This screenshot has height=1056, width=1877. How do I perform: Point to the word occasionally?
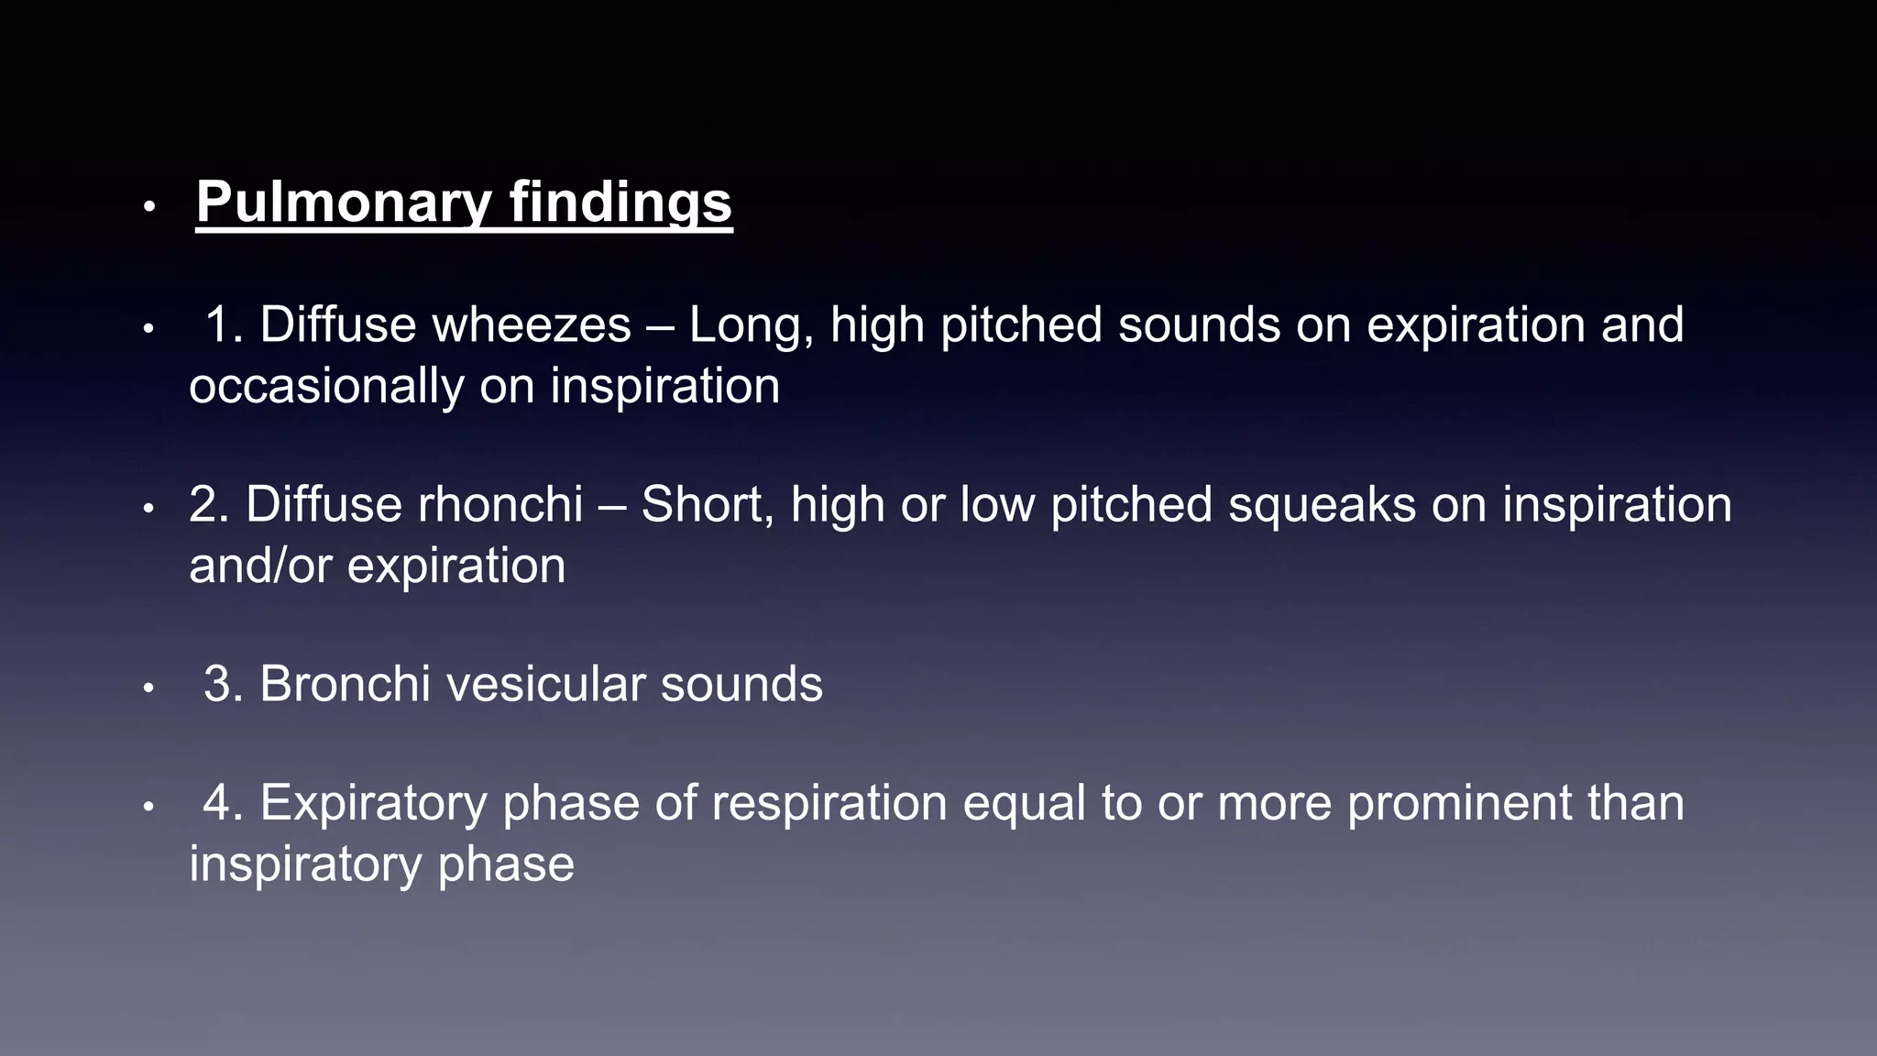point(326,386)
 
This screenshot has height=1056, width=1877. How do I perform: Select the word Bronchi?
point(345,685)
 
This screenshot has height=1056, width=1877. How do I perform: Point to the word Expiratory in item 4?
point(373,804)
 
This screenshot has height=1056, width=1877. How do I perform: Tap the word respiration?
point(829,804)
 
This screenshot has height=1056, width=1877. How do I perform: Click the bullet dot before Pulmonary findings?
point(149,208)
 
